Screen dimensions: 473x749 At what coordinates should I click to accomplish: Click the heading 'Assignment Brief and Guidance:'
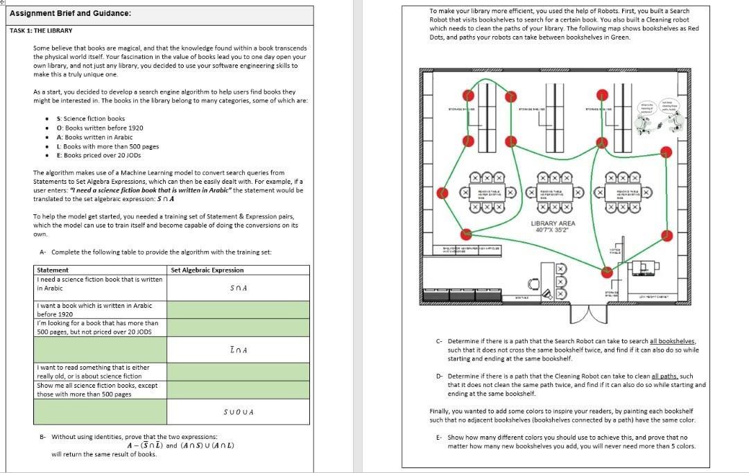click(x=71, y=14)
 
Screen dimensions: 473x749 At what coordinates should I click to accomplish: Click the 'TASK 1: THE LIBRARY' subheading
click(x=41, y=31)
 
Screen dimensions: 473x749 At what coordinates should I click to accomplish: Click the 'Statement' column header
click(x=53, y=270)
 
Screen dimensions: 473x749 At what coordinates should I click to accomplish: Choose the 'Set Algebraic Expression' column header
click(x=207, y=270)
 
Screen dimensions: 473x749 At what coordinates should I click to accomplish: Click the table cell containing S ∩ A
click(x=239, y=288)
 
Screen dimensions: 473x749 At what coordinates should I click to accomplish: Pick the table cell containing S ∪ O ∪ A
click(x=239, y=412)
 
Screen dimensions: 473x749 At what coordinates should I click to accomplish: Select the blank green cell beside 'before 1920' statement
click(x=239, y=309)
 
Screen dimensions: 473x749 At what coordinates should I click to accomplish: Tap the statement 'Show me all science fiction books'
click(x=97, y=386)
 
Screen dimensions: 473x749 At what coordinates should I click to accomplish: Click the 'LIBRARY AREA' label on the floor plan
click(x=553, y=223)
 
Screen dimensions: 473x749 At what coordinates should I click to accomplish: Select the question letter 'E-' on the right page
click(x=439, y=438)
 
